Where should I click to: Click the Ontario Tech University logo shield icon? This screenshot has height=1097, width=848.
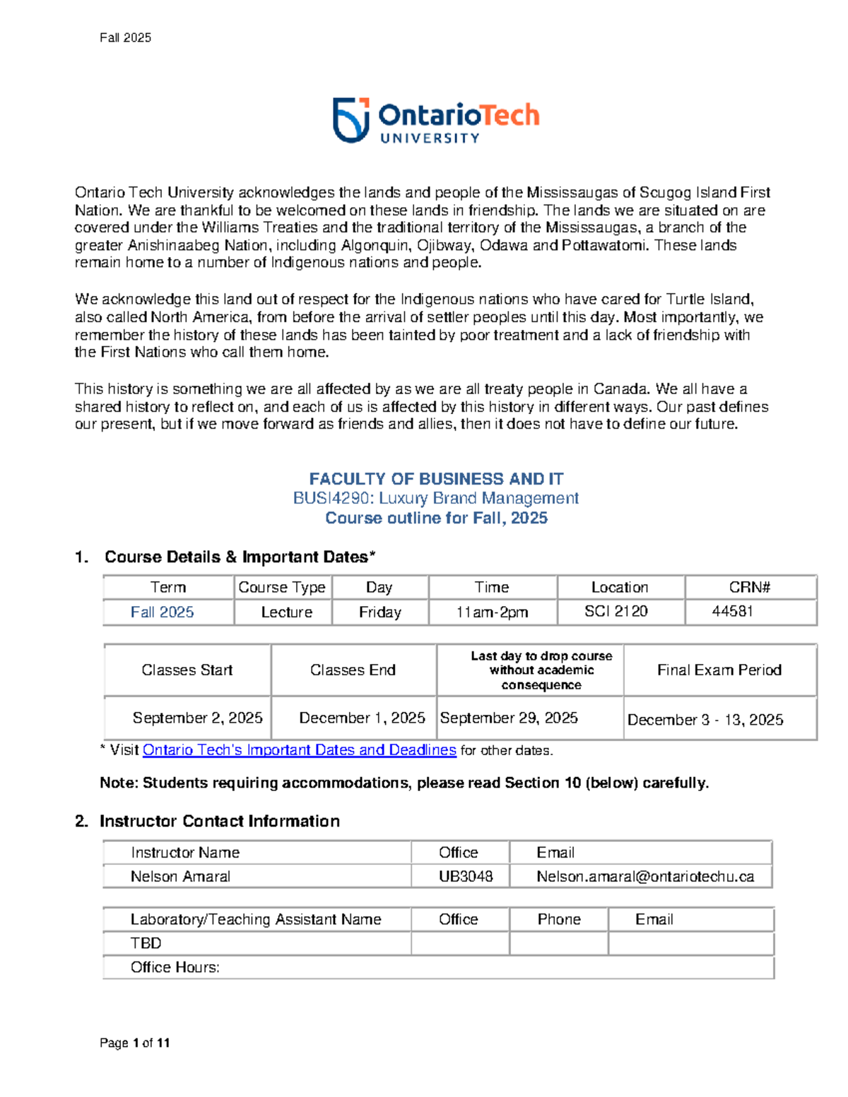[x=351, y=120]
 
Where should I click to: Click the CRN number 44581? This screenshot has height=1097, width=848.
[x=732, y=611]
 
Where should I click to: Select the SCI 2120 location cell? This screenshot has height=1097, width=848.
[x=616, y=611]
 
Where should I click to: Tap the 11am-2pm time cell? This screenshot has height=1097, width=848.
[x=492, y=612]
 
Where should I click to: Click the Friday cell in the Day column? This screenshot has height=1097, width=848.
[x=379, y=612]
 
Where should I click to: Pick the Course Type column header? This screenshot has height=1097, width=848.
[x=282, y=587]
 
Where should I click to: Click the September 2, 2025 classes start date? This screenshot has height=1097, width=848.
[x=197, y=718]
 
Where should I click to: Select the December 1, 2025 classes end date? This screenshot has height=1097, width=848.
[x=362, y=718]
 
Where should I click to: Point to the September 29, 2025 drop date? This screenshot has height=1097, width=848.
[x=509, y=718]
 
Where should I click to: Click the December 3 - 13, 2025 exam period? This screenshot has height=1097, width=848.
[x=705, y=720]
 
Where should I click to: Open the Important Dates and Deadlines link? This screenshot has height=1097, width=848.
[x=299, y=750]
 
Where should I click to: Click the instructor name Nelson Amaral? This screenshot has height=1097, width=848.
[x=180, y=877]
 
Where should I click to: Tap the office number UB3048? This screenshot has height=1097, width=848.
[x=466, y=877]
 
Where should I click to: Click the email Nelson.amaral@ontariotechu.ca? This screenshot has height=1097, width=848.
[x=644, y=877]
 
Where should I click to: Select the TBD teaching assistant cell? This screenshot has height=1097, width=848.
[x=146, y=943]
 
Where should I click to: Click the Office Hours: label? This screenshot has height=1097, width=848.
[x=175, y=967]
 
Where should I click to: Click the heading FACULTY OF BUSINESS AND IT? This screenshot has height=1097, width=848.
[x=436, y=479]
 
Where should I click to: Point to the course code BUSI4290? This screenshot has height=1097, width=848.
[x=331, y=498]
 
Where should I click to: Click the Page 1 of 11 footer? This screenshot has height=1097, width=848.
[x=134, y=1043]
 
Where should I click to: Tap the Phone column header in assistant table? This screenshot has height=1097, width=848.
[x=559, y=919]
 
